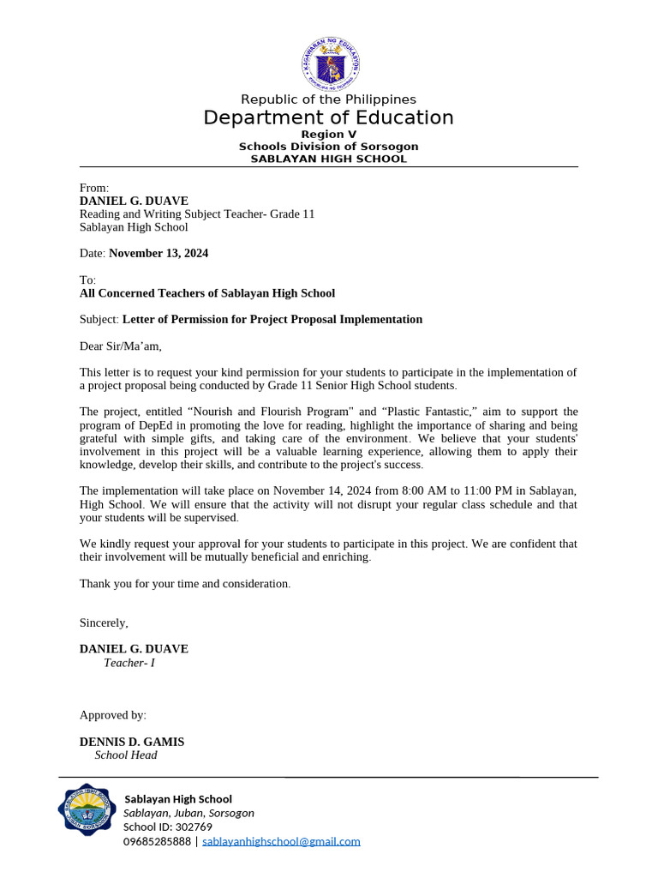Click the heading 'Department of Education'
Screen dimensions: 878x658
tap(328, 117)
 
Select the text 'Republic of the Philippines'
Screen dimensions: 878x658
tap(328, 99)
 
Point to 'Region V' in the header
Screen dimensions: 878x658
tap(328, 135)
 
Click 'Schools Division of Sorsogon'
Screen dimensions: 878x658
tap(328, 147)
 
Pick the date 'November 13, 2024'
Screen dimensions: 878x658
tap(159, 254)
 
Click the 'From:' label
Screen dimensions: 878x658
tap(94, 188)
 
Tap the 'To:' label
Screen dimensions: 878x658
tap(88, 280)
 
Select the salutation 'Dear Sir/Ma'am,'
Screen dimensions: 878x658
tap(120, 346)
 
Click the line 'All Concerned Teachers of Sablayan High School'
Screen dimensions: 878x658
tap(207, 293)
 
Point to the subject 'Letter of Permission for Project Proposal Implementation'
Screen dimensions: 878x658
tap(272, 320)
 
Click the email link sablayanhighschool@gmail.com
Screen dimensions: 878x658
tap(281, 842)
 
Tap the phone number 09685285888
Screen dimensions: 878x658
tap(158, 842)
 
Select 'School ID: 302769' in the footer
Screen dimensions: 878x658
tap(168, 827)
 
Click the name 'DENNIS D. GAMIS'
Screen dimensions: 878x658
tap(132, 742)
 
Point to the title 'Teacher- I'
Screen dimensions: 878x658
tap(129, 663)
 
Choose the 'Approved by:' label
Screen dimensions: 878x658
tap(113, 715)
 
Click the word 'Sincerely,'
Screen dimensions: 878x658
tap(104, 622)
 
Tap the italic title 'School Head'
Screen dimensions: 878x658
tap(126, 755)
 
